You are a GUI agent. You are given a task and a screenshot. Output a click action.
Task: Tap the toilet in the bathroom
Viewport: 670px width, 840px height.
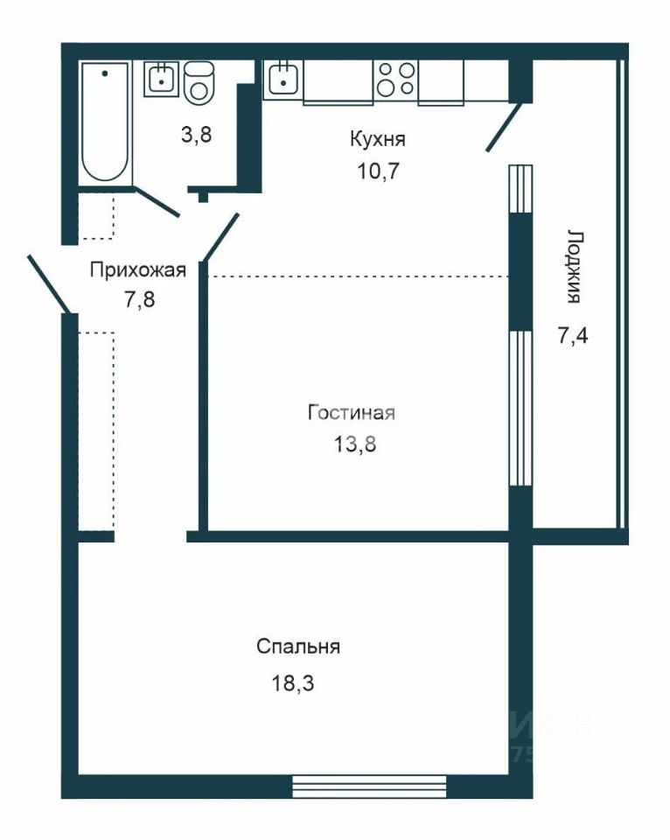tap(199, 83)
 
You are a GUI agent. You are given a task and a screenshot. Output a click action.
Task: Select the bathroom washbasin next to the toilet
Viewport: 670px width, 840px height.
tap(161, 79)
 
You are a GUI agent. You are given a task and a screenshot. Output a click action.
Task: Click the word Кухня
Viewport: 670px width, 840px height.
tap(378, 139)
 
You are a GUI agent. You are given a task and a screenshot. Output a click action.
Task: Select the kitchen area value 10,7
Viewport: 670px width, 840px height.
tap(379, 171)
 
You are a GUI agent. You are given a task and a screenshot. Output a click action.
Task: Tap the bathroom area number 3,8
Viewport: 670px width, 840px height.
tap(197, 135)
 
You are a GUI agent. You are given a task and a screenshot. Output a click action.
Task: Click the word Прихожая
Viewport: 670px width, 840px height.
tap(137, 269)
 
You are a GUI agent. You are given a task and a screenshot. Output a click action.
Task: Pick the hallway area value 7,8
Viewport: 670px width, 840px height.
tap(140, 299)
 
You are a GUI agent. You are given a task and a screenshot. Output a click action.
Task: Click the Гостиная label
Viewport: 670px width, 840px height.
tap(352, 412)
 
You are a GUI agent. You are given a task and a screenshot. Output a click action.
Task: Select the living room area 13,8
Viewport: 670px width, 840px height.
tap(355, 444)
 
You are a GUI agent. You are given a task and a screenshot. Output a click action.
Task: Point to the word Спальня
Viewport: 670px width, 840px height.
tap(298, 647)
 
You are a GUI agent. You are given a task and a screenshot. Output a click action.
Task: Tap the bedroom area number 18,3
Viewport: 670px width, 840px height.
tap(292, 682)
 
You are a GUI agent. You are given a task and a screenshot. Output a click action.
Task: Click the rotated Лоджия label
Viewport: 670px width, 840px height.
tap(574, 268)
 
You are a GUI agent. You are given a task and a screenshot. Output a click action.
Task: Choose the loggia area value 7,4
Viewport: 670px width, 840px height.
tap(573, 335)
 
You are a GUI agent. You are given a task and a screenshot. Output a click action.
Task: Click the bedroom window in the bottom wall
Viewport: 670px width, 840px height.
tap(369, 787)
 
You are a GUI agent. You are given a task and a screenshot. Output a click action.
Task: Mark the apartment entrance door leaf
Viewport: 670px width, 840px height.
tap(49, 283)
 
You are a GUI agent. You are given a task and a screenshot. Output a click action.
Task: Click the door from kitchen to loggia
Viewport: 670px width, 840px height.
tap(504, 127)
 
